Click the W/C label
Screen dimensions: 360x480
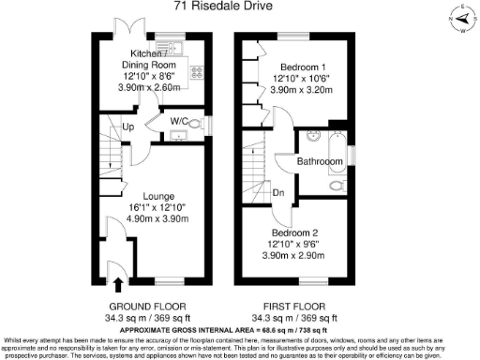click(x=181, y=121)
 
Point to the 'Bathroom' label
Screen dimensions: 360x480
click(x=320, y=161)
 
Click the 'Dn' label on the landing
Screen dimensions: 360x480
click(x=278, y=194)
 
